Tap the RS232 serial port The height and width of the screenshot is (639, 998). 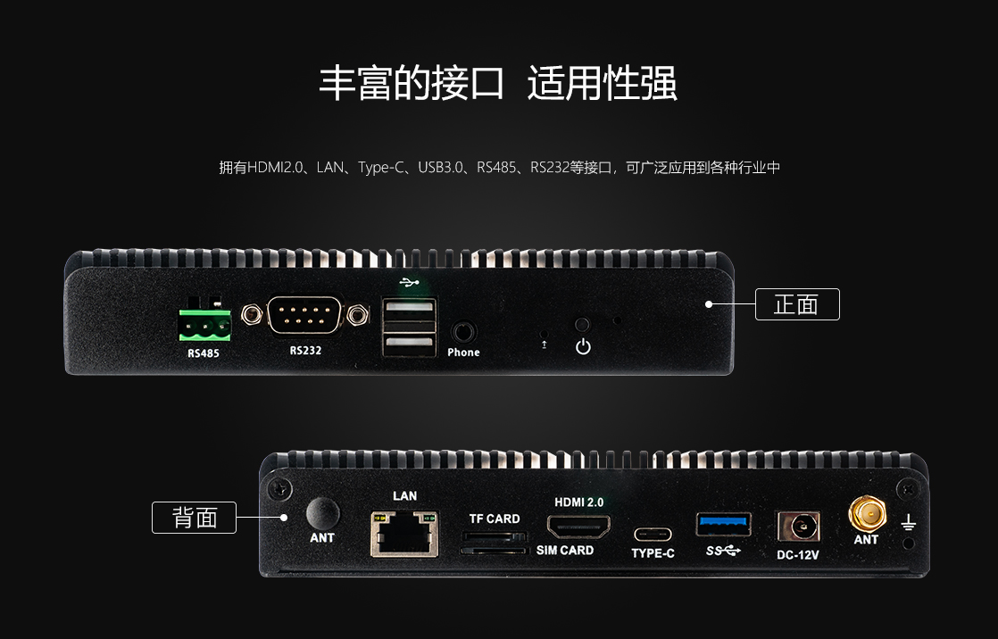[x=305, y=314]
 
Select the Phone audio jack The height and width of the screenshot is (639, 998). [x=464, y=332]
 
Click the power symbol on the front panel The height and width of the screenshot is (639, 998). [x=583, y=347]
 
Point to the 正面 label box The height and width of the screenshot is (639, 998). [x=797, y=304]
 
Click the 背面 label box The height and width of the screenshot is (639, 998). [x=194, y=518]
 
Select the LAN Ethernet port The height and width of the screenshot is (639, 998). [x=404, y=534]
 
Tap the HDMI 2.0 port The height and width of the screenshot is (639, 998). [x=578, y=527]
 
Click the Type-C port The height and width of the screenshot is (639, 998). [x=653, y=535]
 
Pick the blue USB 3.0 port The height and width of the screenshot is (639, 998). [x=724, y=525]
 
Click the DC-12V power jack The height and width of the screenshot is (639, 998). [x=798, y=527]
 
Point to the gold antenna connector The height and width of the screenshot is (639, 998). [x=867, y=514]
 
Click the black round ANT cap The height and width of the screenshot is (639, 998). [x=322, y=513]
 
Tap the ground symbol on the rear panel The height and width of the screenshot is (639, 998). [x=908, y=522]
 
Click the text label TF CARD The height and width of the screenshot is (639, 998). [x=495, y=519]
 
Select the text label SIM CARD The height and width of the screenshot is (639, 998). [x=565, y=550]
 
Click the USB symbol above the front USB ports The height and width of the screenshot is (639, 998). [x=410, y=282]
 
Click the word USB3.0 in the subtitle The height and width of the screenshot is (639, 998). [x=440, y=168]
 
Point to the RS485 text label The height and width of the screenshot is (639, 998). [x=203, y=353]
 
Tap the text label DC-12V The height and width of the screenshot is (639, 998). [x=797, y=555]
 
